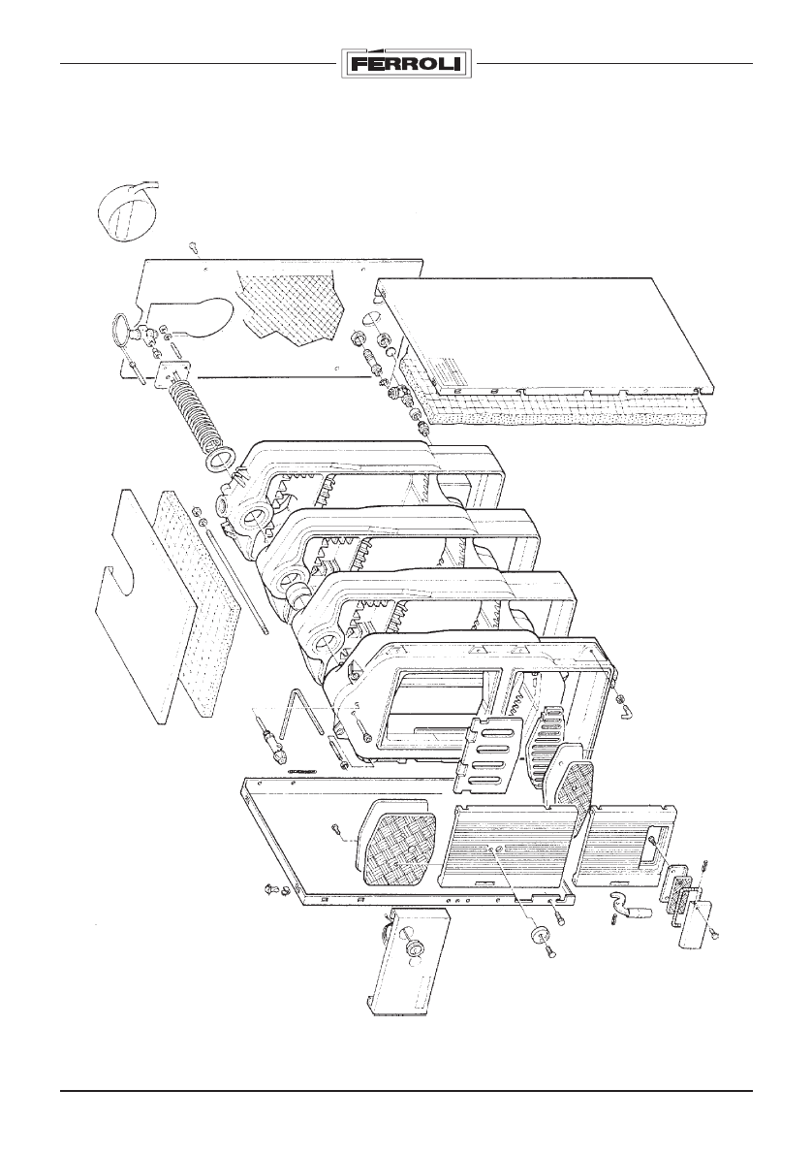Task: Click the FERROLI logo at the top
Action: (x=406, y=65)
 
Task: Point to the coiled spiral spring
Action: (x=193, y=413)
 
